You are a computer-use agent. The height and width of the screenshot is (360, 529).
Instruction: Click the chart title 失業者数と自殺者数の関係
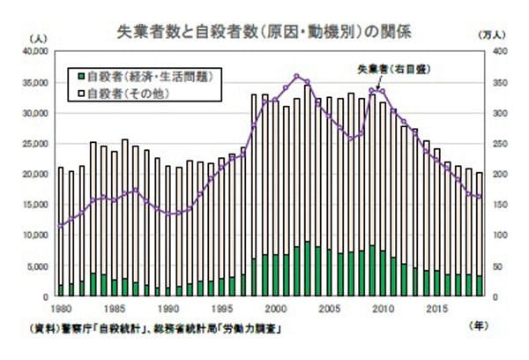264,30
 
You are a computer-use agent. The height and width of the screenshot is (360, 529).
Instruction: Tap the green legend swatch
80,76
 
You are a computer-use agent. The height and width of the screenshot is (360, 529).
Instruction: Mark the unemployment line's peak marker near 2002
296,77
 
